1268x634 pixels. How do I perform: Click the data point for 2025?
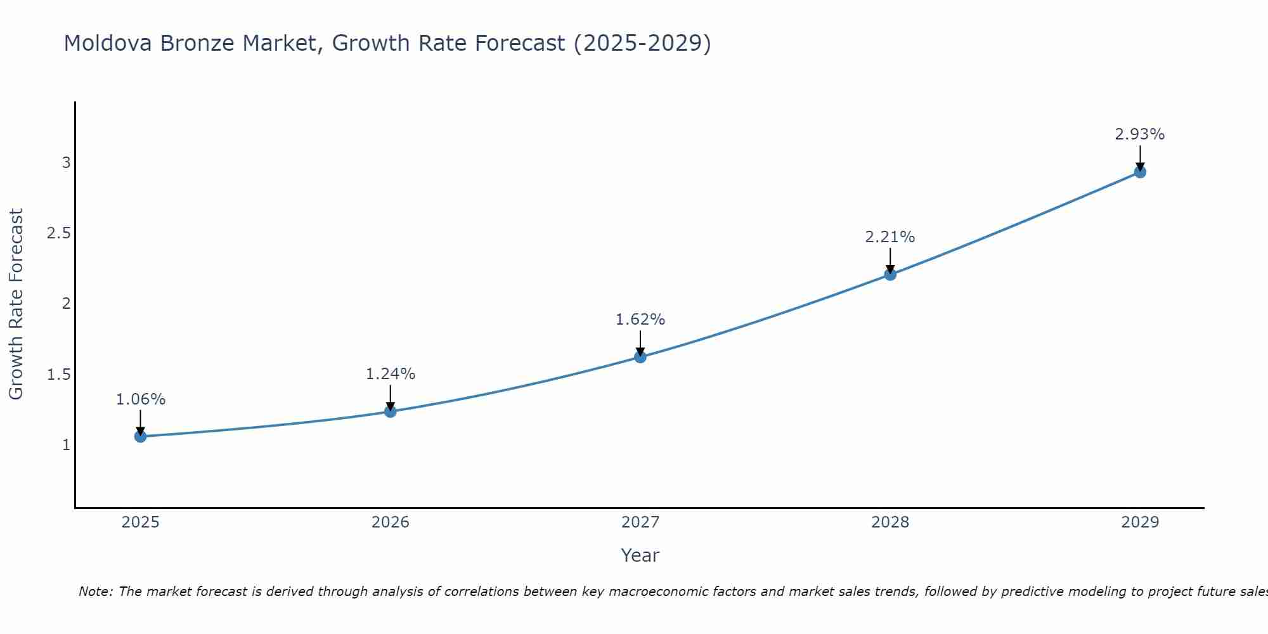pos(141,436)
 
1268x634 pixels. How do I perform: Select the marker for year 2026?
pos(391,411)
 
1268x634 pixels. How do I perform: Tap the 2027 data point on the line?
pos(640,357)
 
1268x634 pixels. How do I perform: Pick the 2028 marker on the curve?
pos(890,275)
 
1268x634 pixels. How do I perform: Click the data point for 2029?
pos(1140,172)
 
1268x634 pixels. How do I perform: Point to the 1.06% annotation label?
pos(141,399)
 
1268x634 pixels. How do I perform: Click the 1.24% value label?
pos(391,374)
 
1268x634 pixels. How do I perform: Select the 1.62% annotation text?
pos(640,320)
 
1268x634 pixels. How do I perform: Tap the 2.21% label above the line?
pos(890,237)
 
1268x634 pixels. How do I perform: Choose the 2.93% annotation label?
pos(1140,134)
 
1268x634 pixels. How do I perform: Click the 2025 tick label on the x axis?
pos(141,522)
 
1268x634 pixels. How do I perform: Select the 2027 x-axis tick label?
pos(640,522)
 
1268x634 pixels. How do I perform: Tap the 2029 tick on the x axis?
pos(1140,522)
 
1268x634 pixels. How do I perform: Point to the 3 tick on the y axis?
pos(66,163)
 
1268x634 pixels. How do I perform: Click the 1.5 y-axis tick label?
pos(59,375)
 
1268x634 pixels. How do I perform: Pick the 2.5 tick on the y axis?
pos(59,233)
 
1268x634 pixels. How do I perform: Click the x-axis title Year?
pos(640,555)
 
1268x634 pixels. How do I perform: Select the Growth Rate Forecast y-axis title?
pos(16,304)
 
